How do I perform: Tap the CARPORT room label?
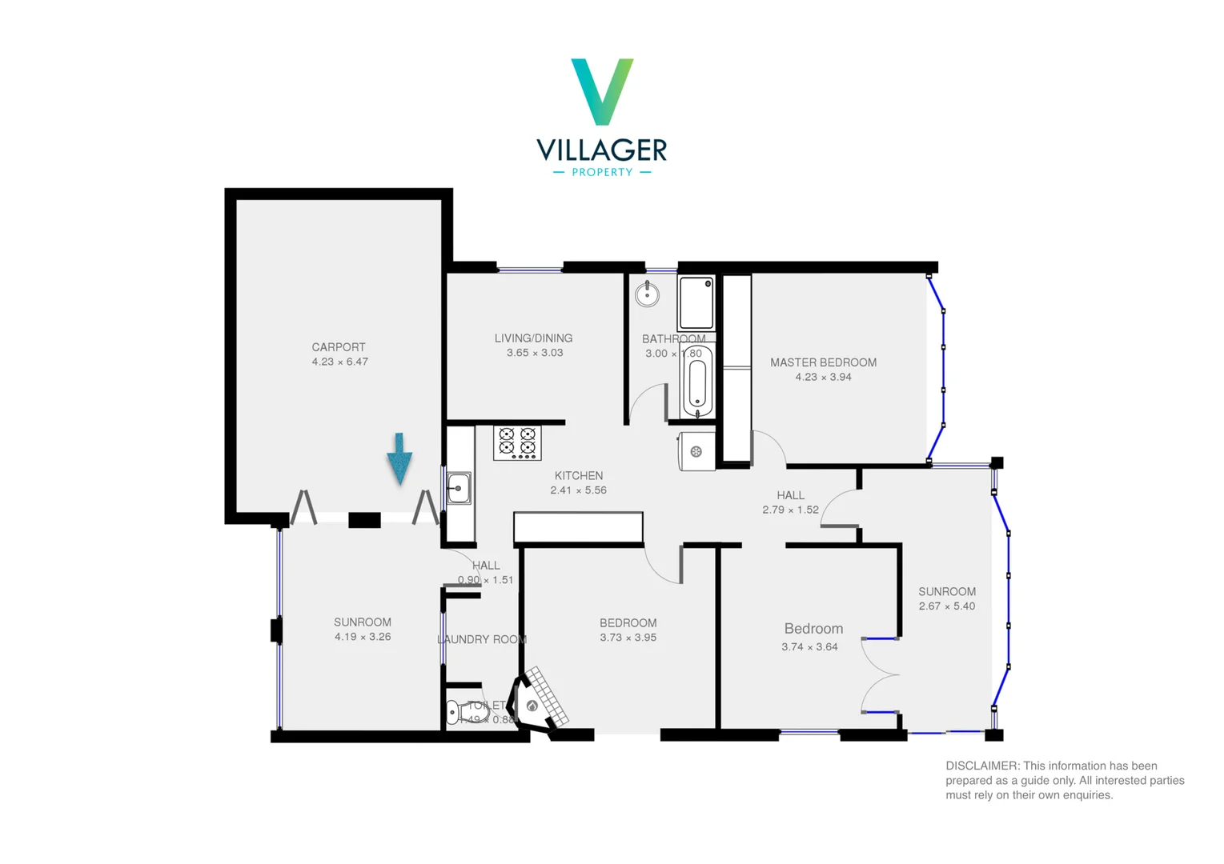339,347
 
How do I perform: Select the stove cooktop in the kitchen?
517,442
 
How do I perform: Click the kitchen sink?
459,487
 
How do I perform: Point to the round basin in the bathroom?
647,294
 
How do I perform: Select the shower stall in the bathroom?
696,303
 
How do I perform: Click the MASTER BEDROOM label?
823,362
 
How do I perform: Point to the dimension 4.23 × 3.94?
823,377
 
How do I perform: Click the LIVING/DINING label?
533,338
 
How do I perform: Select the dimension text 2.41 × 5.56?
578,490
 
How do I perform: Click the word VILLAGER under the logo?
602,150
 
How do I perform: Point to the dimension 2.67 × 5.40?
946,606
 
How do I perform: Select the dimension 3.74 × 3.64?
809,647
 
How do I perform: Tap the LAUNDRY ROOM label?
482,639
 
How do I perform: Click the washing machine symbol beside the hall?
696,452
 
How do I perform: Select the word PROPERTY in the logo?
602,172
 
